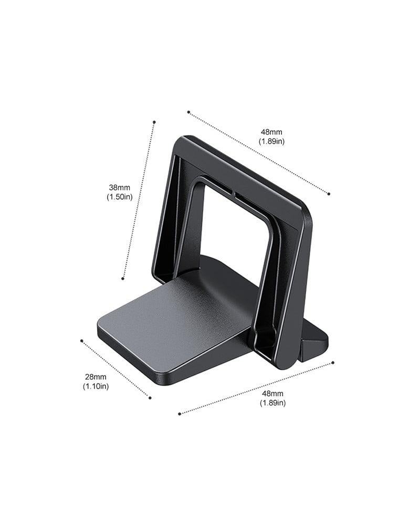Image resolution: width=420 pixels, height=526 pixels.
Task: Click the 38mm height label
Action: point(119,188)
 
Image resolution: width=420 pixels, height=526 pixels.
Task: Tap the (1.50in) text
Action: point(120,197)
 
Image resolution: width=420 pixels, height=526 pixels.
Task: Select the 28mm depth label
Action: point(96,377)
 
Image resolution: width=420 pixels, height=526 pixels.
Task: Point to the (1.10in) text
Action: point(96,386)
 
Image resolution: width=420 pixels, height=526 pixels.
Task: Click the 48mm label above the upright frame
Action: point(271,132)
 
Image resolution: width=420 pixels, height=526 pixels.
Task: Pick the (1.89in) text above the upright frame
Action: point(271,141)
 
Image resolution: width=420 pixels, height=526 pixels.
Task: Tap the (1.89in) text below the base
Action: point(273,402)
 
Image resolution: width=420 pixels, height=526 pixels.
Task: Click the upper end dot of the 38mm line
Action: point(154,122)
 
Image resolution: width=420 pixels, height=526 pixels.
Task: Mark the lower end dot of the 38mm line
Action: point(123,278)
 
